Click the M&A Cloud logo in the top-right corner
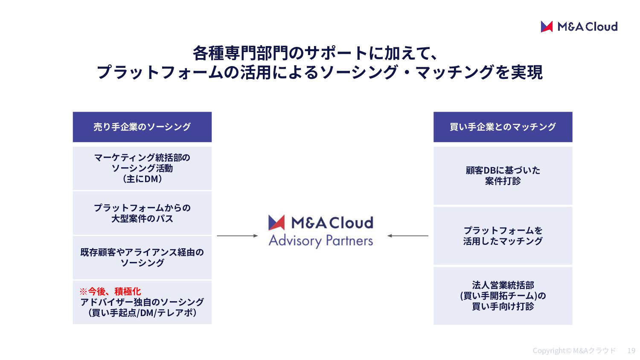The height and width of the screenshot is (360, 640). [x=579, y=26]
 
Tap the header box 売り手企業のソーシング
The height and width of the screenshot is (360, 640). [x=142, y=127]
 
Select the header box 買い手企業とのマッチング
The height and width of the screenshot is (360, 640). [x=503, y=127]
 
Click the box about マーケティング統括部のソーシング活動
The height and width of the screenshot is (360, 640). [x=142, y=168]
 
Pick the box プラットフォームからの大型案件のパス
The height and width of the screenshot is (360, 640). [x=142, y=213]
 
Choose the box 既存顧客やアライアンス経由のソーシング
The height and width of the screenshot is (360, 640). [x=142, y=258]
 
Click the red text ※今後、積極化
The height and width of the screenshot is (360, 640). [x=110, y=291]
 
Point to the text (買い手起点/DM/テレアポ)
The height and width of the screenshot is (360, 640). [x=142, y=313]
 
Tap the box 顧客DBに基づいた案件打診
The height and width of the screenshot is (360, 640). [x=503, y=176]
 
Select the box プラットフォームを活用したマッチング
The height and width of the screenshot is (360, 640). [x=503, y=236]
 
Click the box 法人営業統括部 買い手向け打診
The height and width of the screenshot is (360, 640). [x=503, y=296]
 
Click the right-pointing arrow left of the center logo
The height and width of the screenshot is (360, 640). [x=237, y=236]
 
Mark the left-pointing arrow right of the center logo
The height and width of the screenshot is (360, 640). [x=408, y=236]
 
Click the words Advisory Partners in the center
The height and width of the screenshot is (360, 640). [x=321, y=241]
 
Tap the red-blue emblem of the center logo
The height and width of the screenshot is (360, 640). [x=276, y=223]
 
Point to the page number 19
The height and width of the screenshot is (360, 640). [x=631, y=351]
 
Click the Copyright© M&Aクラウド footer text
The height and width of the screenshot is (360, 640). [x=574, y=351]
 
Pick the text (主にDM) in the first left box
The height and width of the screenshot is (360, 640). [x=142, y=179]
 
